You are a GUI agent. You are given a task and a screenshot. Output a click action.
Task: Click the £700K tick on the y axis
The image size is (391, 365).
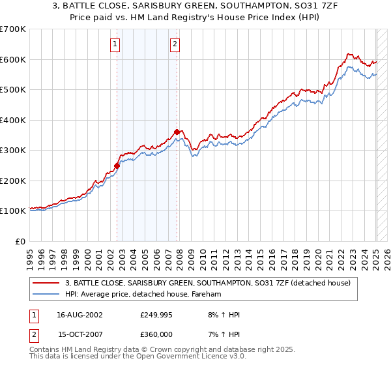(13, 29)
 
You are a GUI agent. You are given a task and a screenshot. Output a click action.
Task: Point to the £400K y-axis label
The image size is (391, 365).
(13, 120)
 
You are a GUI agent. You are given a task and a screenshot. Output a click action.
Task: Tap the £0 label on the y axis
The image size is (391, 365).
(21, 241)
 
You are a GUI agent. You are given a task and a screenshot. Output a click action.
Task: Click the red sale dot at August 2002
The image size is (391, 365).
(117, 166)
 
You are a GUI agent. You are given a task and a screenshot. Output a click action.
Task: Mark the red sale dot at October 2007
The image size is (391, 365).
(177, 132)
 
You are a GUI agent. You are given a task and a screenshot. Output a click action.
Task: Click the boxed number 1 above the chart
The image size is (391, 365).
(115, 44)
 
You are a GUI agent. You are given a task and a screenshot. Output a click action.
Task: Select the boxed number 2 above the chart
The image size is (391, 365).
(175, 44)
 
